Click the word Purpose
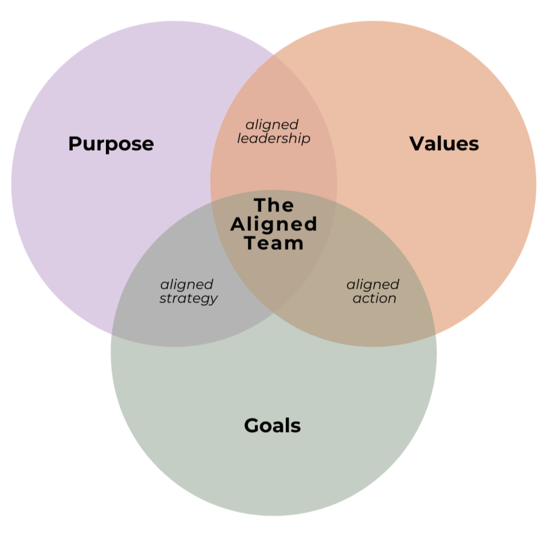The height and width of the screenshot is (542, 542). (111, 144)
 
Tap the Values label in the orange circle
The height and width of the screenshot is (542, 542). (444, 143)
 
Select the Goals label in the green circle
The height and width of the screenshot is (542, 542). (272, 426)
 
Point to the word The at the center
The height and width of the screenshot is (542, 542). (274, 205)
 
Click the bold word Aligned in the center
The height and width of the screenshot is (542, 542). (274, 224)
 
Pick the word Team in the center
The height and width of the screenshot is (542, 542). (274, 243)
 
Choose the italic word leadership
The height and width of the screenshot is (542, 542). (273, 139)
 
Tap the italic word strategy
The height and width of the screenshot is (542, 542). (188, 299)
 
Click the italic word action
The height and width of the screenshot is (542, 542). (374, 299)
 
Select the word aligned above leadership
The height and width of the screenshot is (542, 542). (272, 124)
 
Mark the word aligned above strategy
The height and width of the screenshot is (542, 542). (187, 284)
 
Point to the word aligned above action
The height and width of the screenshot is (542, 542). (373, 284)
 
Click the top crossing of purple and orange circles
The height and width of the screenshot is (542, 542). (274, 53)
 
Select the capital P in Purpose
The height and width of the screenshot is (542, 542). (74, 144)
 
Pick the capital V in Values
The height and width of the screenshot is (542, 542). (417, 143)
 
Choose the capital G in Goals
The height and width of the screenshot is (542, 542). (251, 426)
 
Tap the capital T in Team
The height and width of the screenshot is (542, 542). (251, 243)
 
